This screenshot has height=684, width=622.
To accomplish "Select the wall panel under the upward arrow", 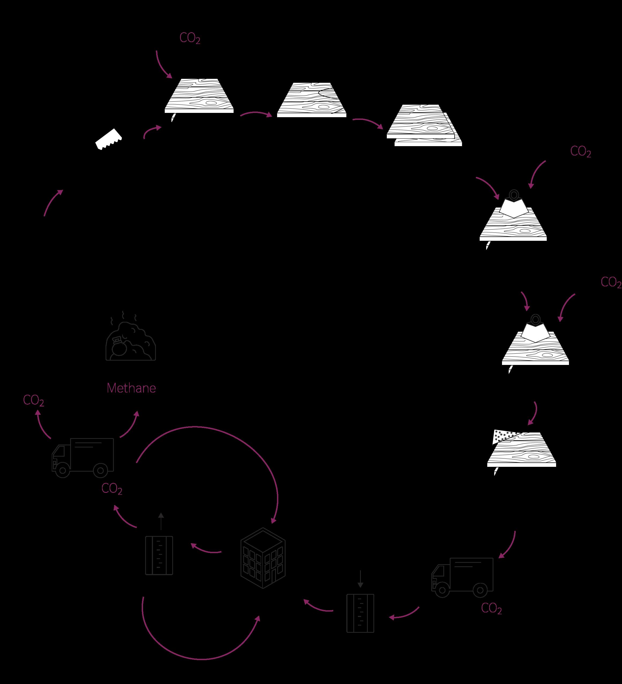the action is tap(159, 555).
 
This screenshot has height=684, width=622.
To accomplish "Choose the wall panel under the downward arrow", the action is tap(360, 613).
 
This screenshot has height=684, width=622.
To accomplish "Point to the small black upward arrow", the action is tap(161, 521).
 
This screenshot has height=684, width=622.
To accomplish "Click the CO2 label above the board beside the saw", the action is tap(190, 39).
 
